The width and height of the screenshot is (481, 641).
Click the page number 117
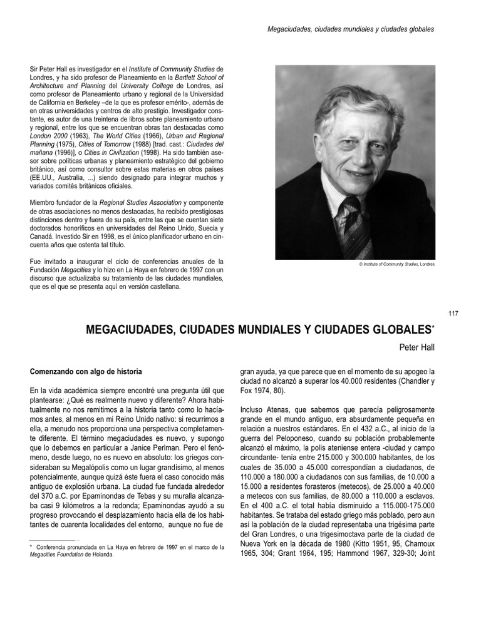(x=454, y=314)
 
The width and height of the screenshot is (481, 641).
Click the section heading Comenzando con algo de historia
(x=86, y=371)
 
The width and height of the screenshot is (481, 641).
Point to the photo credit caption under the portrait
(x=396, y=264)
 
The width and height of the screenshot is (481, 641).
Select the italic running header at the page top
(x=351, y=29)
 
